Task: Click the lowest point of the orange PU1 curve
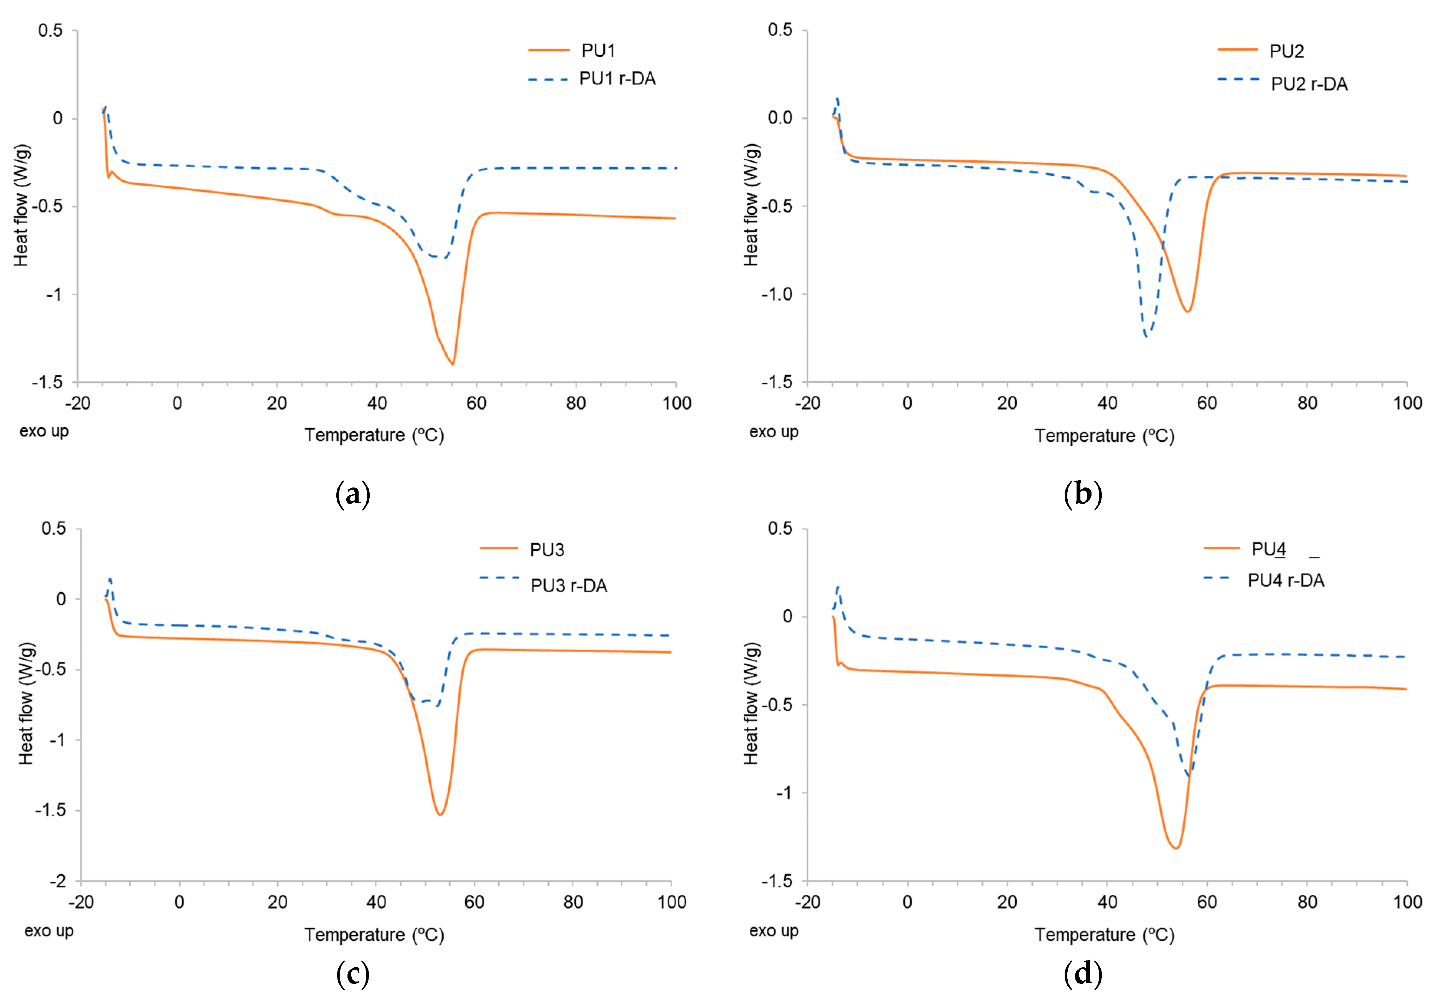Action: pyautogui.click(x=453, y=364)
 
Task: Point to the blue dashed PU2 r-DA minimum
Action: pyautogui.click(x=1146, y=337)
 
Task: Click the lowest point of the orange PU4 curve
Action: pyautogui.click(x=1176, y=848)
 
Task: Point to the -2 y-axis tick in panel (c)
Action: pyautogui.click(x=58, y=881)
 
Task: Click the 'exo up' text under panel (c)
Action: pyautogui.click(x=49, y=931)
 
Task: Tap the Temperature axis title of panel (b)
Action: pyautogui.click(x=1104, y=435)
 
